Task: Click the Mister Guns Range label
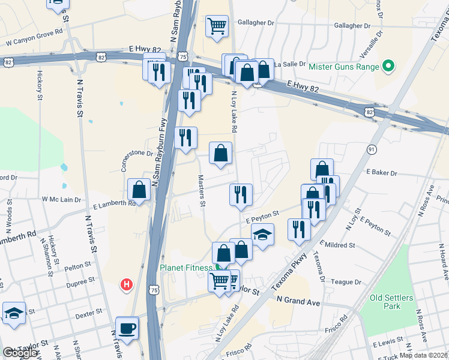point(344,66)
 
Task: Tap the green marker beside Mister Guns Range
point(388,66)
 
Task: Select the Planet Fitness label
point(185,268)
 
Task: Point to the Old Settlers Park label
point(392,302)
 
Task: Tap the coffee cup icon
point(127,328)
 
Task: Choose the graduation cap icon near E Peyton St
point(262,234)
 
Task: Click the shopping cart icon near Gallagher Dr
point(217,26)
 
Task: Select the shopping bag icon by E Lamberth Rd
point(139,190)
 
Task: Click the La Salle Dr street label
point(291,64)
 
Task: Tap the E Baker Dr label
point(382,173)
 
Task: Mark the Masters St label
point(202,191)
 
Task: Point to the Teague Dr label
point(346,282)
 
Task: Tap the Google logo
point(20,352)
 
